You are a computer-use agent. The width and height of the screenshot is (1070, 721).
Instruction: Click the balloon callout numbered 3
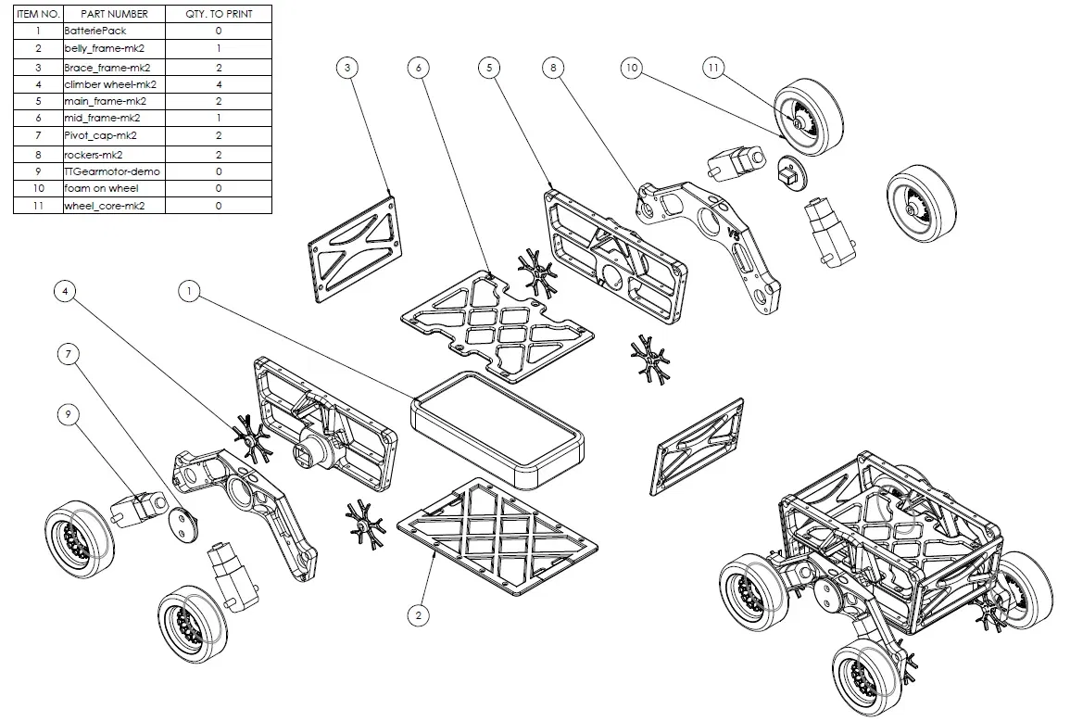[346, 68]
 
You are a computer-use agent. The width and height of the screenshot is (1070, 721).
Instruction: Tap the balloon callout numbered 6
[419, 68]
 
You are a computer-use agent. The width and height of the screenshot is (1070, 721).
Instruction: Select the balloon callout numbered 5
[490, 68]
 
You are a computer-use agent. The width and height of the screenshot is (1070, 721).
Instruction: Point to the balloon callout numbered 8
[553, 68]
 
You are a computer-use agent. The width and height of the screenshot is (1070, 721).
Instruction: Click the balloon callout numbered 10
[632, 68]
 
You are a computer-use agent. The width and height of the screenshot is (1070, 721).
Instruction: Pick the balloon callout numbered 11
[712, 68]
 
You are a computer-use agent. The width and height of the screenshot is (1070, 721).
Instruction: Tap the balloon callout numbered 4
[65, 291]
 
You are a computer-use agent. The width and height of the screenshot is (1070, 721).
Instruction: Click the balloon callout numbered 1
[189, 291]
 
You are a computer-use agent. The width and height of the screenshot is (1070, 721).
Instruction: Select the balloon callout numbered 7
[68, 353]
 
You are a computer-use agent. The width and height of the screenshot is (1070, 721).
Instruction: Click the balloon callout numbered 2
[419, 614]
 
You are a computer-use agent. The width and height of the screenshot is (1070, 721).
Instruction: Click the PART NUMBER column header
[114, 14]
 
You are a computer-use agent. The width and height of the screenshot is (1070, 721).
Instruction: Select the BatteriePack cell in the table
[114, 31]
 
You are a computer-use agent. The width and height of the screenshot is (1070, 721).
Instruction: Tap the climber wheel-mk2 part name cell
[114, 83]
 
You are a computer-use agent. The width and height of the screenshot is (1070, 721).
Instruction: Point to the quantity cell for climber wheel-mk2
[219, 83]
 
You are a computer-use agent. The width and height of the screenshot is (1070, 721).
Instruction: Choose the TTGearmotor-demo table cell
[114, 171]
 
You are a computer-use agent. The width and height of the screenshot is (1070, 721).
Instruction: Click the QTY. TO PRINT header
[219, 14]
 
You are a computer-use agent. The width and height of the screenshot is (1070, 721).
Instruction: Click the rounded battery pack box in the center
[497, 430]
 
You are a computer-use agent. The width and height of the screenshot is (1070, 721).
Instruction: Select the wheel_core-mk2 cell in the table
[114, 205]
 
